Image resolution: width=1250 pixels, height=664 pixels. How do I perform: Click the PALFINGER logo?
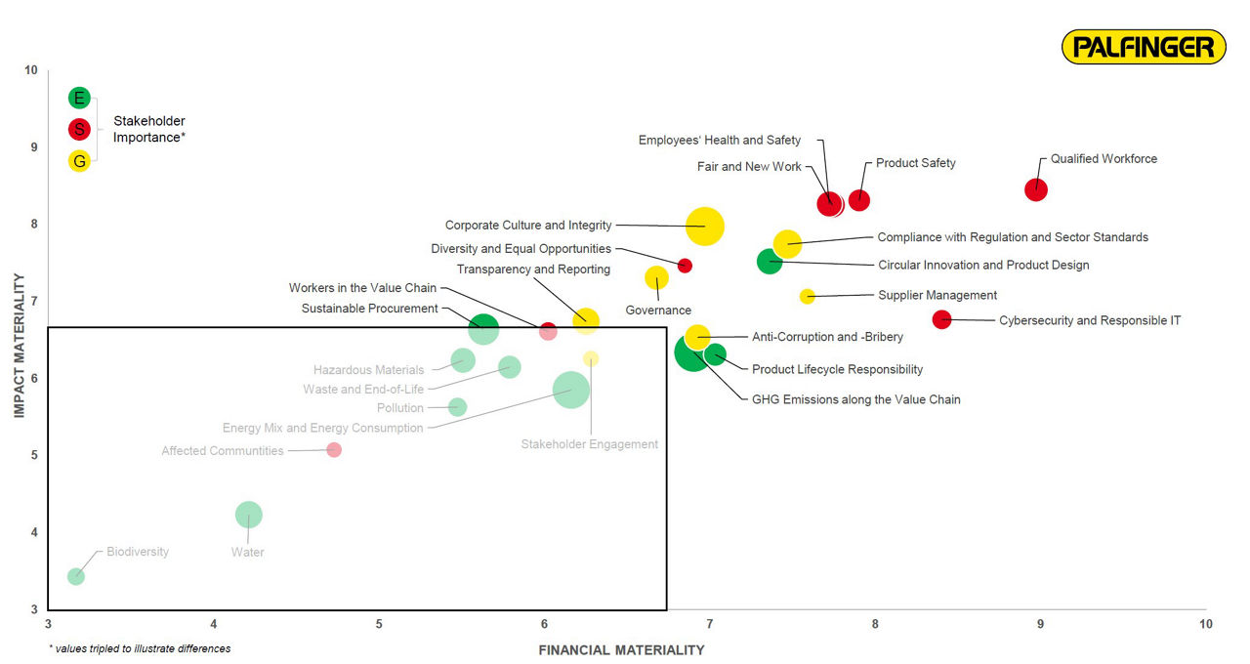point(1144,47)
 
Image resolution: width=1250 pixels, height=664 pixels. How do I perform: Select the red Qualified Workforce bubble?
point(1036,189)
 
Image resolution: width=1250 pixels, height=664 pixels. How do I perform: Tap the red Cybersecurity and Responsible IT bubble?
point(942,319)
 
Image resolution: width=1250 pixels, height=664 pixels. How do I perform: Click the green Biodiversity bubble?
point(75,576)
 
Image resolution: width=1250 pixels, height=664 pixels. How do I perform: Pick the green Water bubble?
point(249,515)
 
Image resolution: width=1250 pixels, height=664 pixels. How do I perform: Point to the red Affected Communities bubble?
point(334,449)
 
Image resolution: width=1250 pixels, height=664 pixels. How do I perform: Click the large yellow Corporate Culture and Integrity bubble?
point(705,227)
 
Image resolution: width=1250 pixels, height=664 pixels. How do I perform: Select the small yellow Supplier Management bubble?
point(807,296)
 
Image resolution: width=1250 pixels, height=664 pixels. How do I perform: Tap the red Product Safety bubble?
point(859,200)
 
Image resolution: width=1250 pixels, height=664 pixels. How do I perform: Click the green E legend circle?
point(79,98)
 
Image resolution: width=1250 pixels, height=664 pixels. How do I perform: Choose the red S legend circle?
point(79,129)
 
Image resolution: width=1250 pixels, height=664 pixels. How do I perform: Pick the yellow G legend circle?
point(79,161)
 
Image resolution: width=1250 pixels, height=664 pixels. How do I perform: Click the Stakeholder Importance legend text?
point(149,129)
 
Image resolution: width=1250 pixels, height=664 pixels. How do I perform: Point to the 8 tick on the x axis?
point(875,624)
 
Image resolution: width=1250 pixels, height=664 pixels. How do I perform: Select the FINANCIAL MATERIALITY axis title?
point(621,650)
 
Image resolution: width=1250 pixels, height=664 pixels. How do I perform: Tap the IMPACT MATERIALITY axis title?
point(19,346)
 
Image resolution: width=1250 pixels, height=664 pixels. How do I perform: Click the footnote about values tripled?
point(140,648)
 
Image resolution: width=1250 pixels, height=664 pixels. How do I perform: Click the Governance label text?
point(658,311)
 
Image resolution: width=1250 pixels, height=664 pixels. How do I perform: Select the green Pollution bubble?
point(457,407)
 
